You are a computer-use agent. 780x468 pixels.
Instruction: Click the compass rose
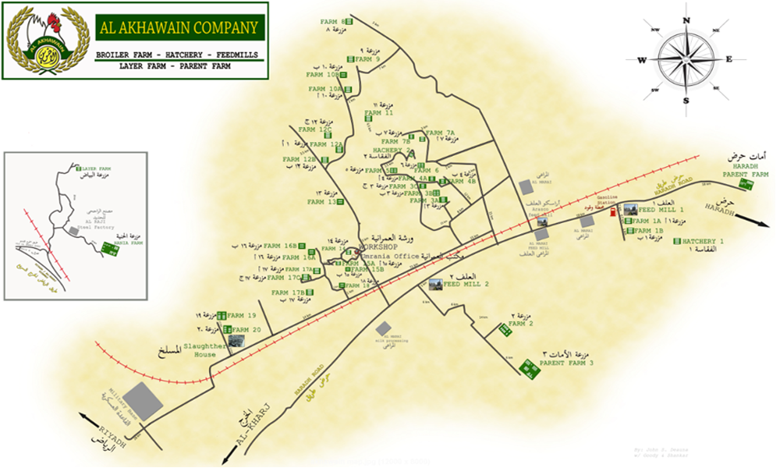point(685,59)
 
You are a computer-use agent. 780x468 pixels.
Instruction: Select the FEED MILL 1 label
point(661,210)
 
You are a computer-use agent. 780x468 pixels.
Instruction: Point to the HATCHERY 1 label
point(704,242)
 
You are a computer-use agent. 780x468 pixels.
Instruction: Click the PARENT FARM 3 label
point(566,363)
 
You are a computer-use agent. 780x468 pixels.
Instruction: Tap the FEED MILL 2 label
point(465,285)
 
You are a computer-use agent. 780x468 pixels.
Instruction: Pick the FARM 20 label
point(246,330)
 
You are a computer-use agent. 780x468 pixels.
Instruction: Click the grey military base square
point(146,402)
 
